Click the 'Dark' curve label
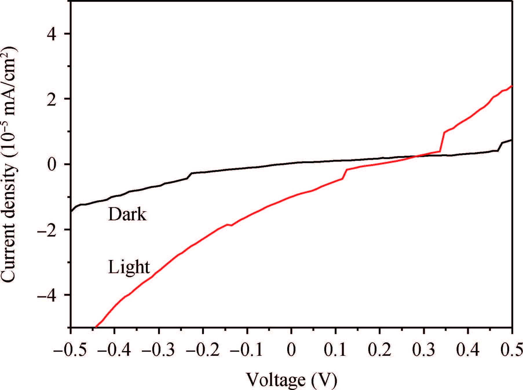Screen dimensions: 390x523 [x=127, y=215]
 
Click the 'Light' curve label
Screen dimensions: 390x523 [x=129, y=267]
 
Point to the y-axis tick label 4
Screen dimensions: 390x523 [x=52, y=34]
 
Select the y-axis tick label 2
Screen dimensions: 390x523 [x=52, y=99]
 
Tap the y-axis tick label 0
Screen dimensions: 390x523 [x=52, y=164]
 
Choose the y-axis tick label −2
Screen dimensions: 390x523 [x=48, y=230]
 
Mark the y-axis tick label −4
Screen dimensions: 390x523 [x=48, y=295]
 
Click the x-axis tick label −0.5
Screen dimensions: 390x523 [x=71, y=350]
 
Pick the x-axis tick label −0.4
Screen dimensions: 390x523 [x=115, y=350]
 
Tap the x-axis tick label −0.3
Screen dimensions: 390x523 [x=159, y=350]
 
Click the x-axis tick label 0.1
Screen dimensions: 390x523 [x=336, y=350]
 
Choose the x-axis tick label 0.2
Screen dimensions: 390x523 [x=380, y=350]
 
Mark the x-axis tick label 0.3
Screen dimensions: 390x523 [x=424, y=350]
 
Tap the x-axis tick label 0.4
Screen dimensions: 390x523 [x=468, y=350]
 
